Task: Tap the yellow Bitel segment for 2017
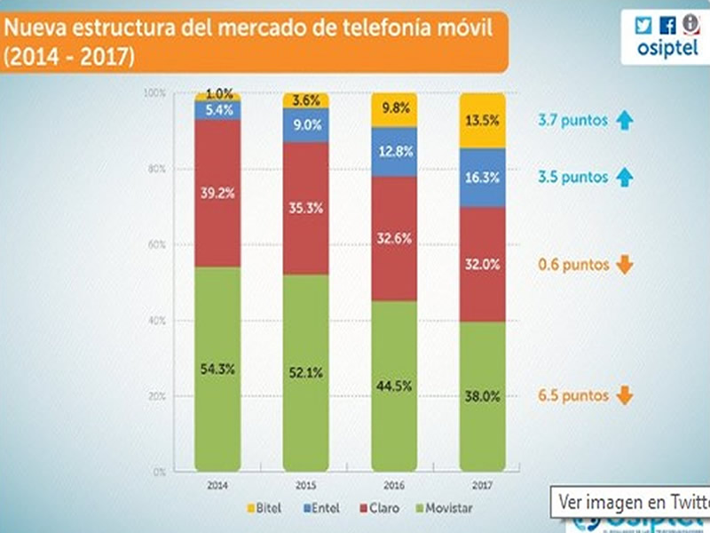482,120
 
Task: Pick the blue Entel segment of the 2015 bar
306,125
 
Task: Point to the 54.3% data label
217,369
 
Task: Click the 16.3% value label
482,178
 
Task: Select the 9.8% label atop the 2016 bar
394,109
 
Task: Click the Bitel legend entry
263,508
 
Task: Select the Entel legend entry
320,508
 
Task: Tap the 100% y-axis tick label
154,93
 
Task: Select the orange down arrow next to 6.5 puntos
624,395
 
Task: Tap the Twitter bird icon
643,26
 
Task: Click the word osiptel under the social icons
667,50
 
